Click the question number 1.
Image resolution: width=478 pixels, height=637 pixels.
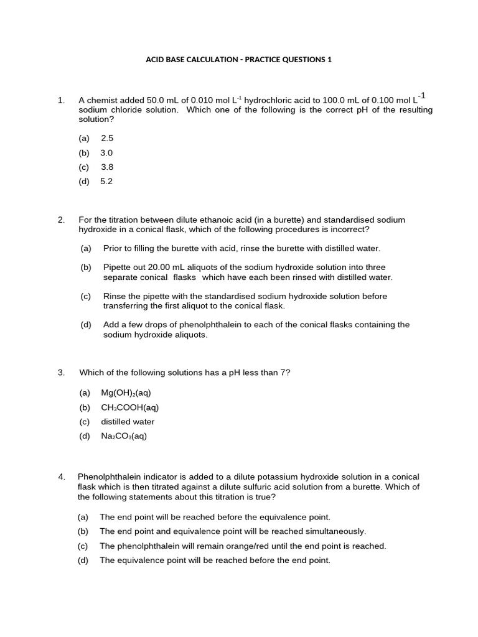point(60,100)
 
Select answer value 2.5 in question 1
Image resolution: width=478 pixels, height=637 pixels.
point(107,138)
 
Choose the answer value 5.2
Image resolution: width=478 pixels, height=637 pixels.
point(106,182)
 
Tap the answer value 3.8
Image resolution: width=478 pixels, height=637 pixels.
point(107,167)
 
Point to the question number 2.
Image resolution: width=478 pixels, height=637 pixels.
point(61,220)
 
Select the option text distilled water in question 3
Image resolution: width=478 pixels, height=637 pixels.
point(128,422)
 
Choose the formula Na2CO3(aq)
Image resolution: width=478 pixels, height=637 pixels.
point(124,436)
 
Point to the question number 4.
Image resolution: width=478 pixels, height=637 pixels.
point(62,477)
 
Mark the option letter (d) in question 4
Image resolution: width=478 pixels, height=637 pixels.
point(83,560)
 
